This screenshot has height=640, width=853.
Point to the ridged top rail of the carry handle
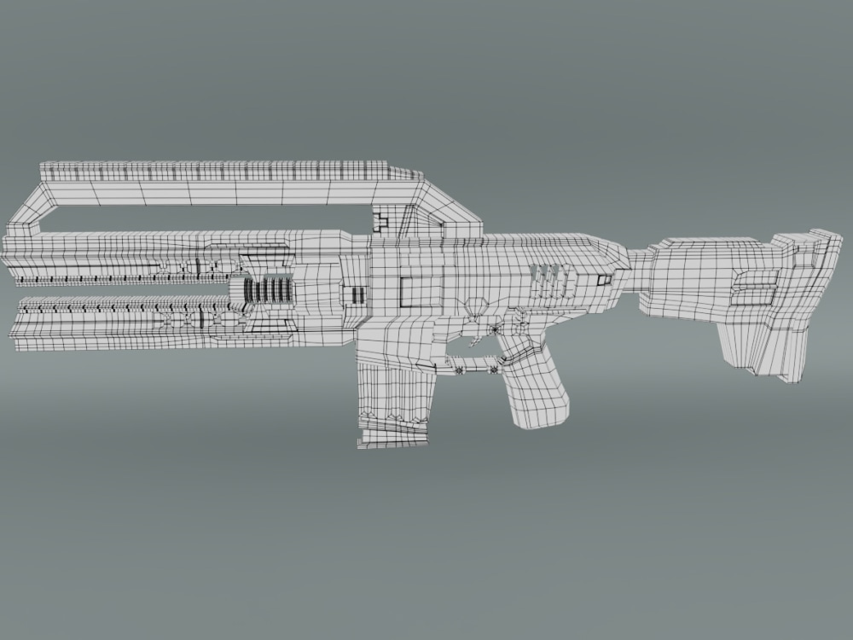[x=230, y=171]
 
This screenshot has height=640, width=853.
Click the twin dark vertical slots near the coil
[x=357, y=295]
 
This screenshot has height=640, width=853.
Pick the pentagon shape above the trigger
[x=476, y=305]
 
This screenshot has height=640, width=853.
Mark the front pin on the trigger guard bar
[x=461, y=369]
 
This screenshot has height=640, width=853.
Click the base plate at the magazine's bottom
[x=392, y=437]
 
